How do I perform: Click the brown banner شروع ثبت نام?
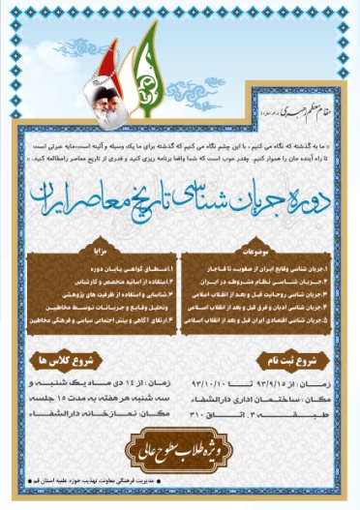(269, 364)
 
